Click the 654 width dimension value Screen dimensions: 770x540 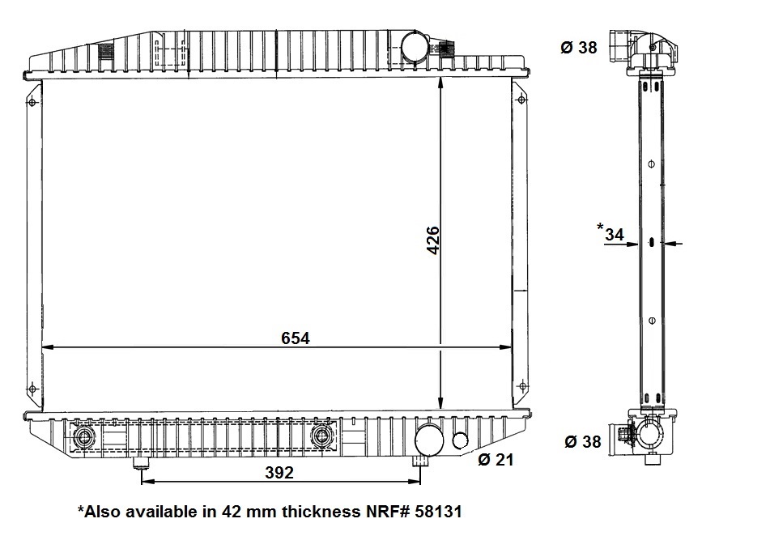coord(296,338)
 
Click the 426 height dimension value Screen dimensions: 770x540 coord(432,240)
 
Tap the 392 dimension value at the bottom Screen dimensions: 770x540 coord(279,472)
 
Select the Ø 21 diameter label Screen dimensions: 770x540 coord(495,460)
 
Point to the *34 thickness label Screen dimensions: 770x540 coord(610,232)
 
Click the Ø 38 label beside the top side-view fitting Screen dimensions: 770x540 coord(578,48)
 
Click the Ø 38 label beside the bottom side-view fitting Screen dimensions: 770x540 coord(582,442)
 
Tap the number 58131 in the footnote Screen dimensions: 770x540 coord(438,512)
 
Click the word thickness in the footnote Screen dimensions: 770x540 coord(321,512)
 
